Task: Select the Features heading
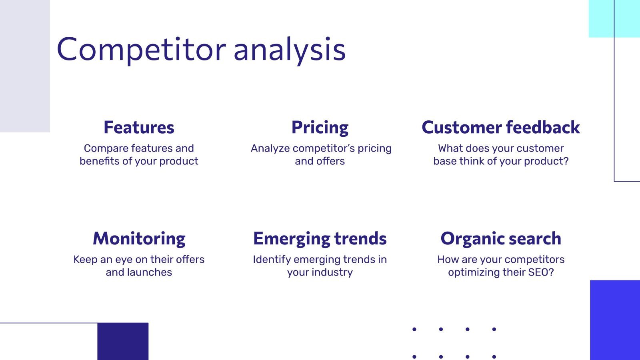139,128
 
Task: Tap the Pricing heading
320,128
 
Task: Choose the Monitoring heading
139,239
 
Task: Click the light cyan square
601,18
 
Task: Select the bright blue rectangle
615,320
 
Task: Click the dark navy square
123,341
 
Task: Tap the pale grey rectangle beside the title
25,66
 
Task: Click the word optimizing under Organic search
474,272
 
